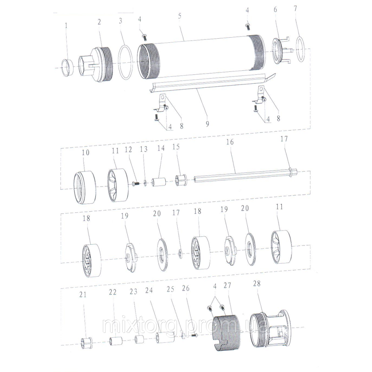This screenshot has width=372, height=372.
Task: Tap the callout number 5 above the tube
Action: tap(180, 16)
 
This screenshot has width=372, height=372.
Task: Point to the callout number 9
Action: tap(207, 124)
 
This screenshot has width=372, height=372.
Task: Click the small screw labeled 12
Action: tap(135, 183)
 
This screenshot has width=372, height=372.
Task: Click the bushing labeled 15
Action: tap(182, 180)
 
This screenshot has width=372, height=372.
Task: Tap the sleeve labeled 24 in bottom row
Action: tap(165, 337)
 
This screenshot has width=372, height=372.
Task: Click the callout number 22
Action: tap(113, 292)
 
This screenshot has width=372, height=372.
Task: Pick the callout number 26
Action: tap(186, 288)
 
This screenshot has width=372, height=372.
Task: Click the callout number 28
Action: tap(257, 283)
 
